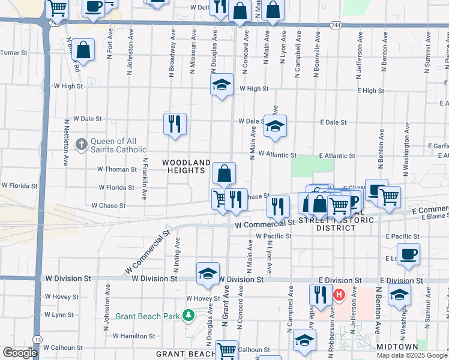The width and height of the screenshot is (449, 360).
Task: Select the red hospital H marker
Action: coord(339,295)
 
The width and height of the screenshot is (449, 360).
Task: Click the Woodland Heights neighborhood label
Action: coord(187,167)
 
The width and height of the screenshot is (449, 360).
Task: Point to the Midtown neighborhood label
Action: coord(397,347)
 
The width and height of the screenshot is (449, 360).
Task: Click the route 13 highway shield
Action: coord(38,340)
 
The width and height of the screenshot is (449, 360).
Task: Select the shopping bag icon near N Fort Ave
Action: coord(84,51)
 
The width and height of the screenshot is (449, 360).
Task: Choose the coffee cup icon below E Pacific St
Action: coord(408,253)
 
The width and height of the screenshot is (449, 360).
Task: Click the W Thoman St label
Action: coord(118,169)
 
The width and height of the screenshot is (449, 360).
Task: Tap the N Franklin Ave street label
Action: coord(145,179)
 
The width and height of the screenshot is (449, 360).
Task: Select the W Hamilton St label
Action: coord(134,337)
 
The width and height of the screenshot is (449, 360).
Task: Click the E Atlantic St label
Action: coord(337,155)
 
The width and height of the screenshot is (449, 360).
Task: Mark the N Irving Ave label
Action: coord(178,251)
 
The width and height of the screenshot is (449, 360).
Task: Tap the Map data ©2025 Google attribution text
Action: coord(412,355)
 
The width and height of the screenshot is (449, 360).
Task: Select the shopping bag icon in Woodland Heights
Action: coord(224,174)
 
